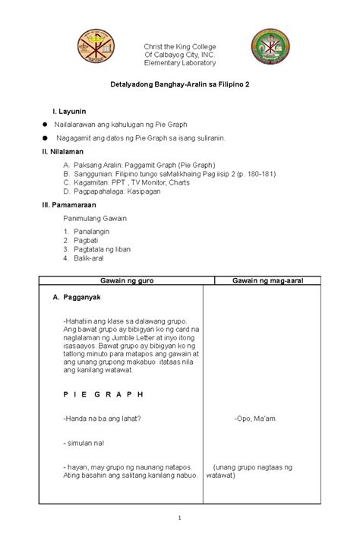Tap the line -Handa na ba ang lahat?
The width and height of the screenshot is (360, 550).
pyautogui.click(x=103, y=418)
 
